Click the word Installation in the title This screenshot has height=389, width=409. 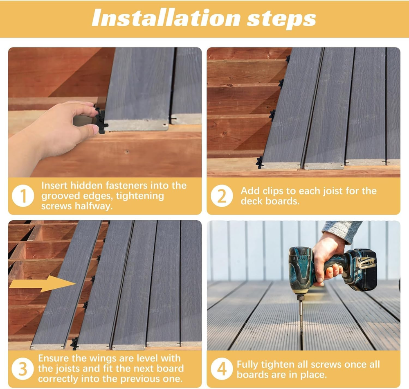(166, 18)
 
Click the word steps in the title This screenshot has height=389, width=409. (281, 20)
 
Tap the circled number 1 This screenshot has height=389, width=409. (23, 196)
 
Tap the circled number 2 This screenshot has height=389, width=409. (222, 196)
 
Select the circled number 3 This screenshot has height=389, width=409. (22, 369)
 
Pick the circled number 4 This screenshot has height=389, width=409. (222, 369)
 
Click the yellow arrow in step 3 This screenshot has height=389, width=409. (42, 284)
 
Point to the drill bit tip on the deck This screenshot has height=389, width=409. (302, 331)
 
